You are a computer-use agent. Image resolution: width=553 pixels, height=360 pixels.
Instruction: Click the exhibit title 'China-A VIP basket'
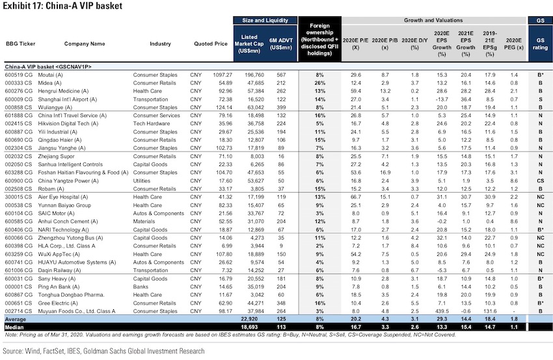pos(84,6)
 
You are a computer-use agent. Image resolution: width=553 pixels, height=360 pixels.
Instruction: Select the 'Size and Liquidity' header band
pos(265,20)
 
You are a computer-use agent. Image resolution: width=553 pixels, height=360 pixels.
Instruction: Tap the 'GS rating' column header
pos(540,44)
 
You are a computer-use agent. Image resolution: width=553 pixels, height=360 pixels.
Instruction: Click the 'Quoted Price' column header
pos(211,44)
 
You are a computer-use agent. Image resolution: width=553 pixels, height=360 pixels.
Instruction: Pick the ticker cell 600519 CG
pos(18,75)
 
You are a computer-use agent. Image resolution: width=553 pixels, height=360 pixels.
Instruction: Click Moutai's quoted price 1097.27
pos(223,75)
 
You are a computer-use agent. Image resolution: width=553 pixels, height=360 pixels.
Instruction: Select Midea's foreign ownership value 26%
pos(319,83)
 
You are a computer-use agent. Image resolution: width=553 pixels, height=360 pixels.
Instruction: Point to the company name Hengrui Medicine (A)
pos(64,91)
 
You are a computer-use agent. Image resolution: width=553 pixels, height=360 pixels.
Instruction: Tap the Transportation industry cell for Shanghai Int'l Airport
pos(150,100)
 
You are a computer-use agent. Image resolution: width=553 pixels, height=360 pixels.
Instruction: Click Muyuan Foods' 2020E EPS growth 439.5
pos(442,311)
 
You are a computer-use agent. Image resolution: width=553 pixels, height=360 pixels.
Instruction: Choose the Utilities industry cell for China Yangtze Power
pos(142,181)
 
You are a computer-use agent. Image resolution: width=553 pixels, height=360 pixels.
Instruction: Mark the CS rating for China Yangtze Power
pos(540,181)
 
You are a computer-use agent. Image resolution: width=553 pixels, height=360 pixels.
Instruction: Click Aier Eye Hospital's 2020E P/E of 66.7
pos(355,197)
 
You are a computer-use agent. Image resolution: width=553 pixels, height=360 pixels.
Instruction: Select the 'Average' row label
pos(15,320)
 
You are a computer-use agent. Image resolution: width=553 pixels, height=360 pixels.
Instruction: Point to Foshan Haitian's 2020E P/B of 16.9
pos(384,173)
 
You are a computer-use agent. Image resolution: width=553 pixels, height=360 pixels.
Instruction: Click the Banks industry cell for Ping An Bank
pos(141,287)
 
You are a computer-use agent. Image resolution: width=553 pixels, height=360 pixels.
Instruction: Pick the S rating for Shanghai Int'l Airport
pos(540,100)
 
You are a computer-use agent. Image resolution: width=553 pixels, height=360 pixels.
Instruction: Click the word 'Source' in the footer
pos(12,351)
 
